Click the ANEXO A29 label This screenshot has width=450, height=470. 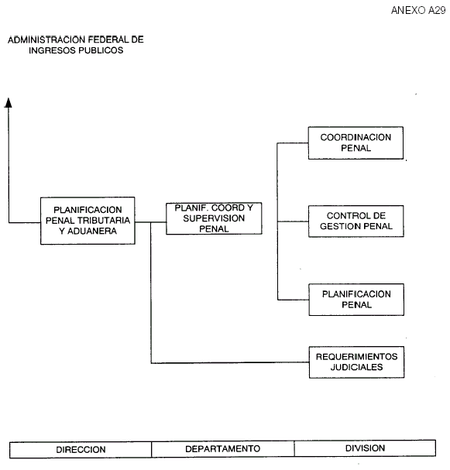(x=418, y=11)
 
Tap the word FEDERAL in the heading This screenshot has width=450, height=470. (x=108, y=39)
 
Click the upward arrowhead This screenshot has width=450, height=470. (x=9, y=102)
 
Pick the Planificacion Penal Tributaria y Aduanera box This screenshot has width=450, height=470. (x=88, y=221)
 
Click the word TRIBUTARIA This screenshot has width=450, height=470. (x=104, y=221)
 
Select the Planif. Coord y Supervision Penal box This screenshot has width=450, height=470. (x=214, y=218)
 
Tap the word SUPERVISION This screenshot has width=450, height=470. (x=214, y=218)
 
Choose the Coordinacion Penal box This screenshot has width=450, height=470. (x=356, y=142)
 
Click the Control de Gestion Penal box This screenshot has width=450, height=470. (x=356, y=221)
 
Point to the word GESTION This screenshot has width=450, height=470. (x=338, y=226)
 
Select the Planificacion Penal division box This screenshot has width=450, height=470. (x=356, y=300)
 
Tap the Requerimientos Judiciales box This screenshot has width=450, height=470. (x=357, y=362)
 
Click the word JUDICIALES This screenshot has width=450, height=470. (x=357, y=367)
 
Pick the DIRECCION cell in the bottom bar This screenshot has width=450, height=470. (x=81, y=450)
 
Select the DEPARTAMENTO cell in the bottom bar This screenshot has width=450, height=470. (x=223, y=449)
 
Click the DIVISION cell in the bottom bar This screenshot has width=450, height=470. (x=365, y=448)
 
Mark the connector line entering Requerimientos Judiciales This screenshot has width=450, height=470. (x=229, y=363)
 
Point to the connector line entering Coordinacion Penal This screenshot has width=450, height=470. (x=293, y=143)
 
